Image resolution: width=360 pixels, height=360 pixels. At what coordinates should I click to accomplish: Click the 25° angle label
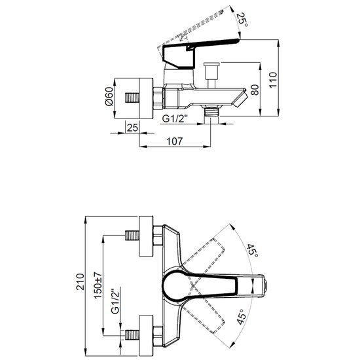coord(242,20)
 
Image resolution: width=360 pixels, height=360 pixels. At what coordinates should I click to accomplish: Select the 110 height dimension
coord(273,80)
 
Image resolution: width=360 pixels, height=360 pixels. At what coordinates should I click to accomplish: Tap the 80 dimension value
coord(255,90)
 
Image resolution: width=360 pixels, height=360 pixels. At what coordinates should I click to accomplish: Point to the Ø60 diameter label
coord(109,96)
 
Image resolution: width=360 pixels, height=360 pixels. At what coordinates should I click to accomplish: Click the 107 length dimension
coord(175,141)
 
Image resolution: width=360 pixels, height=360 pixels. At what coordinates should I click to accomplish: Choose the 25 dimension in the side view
coord(132,128)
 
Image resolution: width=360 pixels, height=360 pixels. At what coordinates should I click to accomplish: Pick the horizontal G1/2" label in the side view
coord(175,118)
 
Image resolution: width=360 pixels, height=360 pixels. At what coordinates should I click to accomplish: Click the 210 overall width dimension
coord(81,281)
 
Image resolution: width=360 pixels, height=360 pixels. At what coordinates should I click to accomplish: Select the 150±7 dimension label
coord(98,285)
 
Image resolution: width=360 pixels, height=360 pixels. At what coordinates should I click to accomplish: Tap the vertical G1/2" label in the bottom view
coord(115,301)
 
